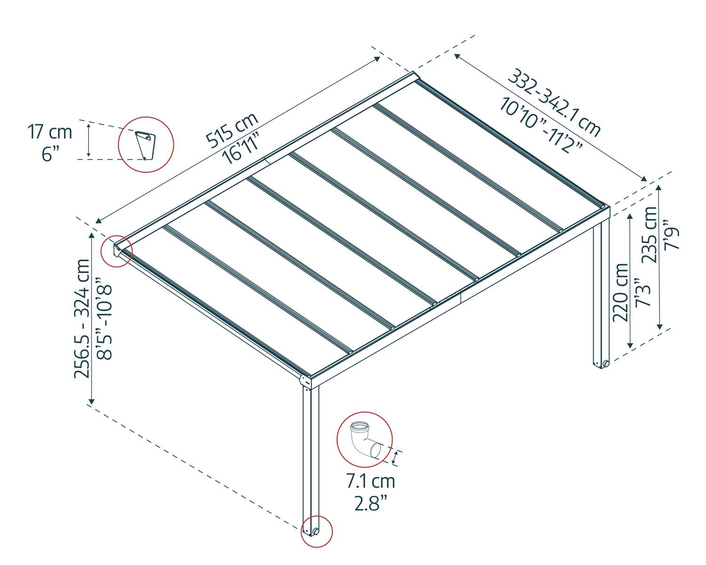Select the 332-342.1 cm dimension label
(x=556, y=103)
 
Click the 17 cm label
(x=50, y=132)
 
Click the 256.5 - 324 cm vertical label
(x=82, y=318)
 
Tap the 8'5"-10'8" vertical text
(x=104, y=322)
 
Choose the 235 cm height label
(x=650, y=234)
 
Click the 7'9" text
(x=671, y=238)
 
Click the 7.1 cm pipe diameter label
(x=370, y=481)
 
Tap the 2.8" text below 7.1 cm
(x=370, y=503)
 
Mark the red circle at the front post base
(x=317, y=531)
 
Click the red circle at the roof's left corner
(x=117, y=250)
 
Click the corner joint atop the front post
(x=306, y=380)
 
